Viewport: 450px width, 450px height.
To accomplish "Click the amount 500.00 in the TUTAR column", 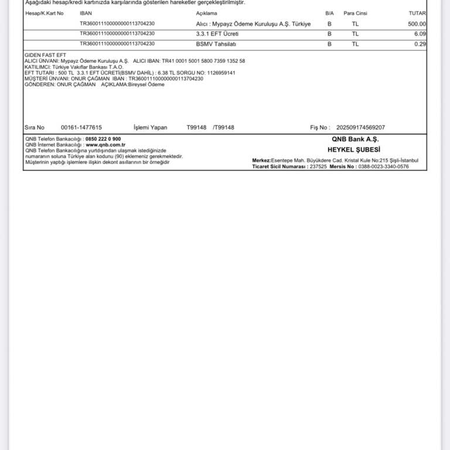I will (417, 24).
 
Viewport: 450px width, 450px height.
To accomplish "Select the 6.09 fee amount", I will (420, 34).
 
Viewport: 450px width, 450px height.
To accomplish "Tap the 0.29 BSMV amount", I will (420, 44).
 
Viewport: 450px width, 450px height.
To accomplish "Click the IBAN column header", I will (86, 13).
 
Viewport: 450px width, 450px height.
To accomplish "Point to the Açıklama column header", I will (206, 13).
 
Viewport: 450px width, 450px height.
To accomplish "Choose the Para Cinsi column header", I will (355, 13).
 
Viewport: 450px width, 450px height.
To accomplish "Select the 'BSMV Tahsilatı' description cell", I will (216, 44).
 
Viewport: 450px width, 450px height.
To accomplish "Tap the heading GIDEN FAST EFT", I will (46, 55).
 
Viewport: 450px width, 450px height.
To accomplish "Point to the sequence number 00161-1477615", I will (81, 127).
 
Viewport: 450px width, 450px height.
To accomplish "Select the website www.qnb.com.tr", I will (105, 144).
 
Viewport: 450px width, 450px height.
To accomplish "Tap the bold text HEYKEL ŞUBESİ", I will (354, 149).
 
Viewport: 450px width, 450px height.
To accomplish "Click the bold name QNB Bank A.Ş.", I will (355, 139).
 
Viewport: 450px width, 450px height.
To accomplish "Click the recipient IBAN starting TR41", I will (203, 61).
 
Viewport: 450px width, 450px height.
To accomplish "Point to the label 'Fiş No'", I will (320, 127).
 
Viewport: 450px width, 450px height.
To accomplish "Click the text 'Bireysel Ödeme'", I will (146, 84).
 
